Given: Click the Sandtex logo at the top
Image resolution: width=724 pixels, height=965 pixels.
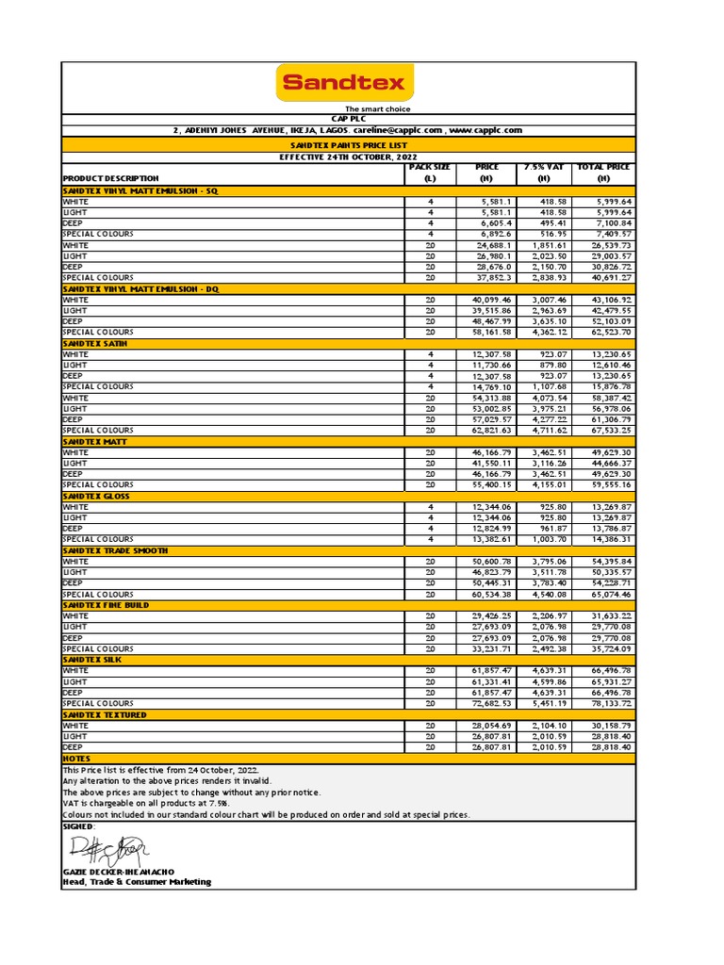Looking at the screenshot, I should pos(343,83).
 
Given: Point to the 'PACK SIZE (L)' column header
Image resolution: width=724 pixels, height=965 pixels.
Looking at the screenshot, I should pos(429,172).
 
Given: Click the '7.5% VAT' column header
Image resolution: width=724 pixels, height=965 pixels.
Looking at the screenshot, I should pos(543,172).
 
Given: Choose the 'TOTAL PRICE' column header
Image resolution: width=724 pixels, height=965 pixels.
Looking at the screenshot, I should pos(603,172).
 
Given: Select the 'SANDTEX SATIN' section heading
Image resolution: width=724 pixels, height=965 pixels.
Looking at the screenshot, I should pos(95,343).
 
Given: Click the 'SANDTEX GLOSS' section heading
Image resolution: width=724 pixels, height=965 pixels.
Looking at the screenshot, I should pos(96,496).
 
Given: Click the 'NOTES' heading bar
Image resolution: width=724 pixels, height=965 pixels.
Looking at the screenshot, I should pos(76,759).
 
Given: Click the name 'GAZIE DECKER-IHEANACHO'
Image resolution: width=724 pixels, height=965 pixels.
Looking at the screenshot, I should pos(118,873).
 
